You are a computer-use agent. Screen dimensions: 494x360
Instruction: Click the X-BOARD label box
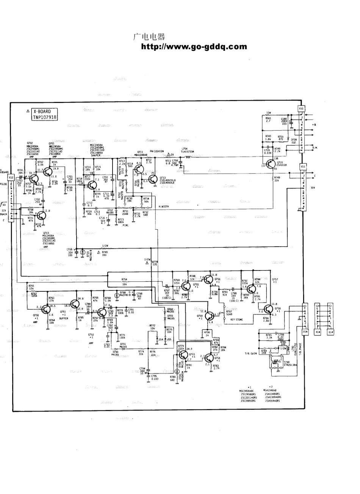[45, 114]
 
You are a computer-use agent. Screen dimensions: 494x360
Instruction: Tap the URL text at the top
[194, 47]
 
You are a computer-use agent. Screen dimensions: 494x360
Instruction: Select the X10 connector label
[301, 108]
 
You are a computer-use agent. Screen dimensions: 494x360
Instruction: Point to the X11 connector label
[302, 166]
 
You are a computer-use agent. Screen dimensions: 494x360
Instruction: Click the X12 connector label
[11, 177]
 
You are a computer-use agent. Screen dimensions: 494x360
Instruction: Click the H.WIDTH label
[164, 207]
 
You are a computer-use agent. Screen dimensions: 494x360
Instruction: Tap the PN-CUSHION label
[157, 151]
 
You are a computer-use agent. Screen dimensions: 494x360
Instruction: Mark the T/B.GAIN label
[251, 353]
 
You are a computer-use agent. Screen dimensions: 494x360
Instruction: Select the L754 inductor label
[185, 149]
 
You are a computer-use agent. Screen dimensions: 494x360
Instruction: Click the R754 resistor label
[124, 279]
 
